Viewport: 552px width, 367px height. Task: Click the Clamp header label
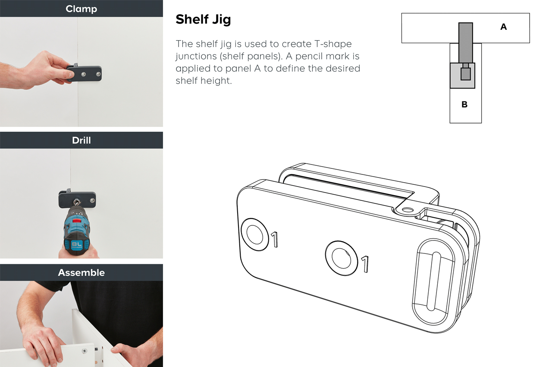coord(82,9)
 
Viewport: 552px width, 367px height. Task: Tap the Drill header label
coord(82,140)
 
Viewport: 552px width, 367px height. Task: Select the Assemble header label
coord(82,272)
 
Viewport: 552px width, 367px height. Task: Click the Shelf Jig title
coord(203,19)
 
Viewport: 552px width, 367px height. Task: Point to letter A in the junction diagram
coord(503,27)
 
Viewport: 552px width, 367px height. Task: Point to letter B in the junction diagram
coord(464,104)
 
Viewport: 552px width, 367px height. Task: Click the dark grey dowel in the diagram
coord(465,43)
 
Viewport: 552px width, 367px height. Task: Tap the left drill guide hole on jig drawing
coord(255,234)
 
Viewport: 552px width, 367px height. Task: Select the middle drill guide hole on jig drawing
coord(341,258)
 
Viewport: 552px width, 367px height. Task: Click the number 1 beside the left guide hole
coord(275,239)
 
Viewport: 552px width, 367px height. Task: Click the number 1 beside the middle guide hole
coord(365,264)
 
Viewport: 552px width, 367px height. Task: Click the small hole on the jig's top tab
coord(408,210)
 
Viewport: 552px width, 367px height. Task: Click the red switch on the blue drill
coord(78,220)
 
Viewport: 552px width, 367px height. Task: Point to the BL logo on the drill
coord(76,244)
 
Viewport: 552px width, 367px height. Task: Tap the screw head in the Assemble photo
coord(85,351)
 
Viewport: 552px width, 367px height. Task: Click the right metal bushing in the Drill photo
coord(92,200)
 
